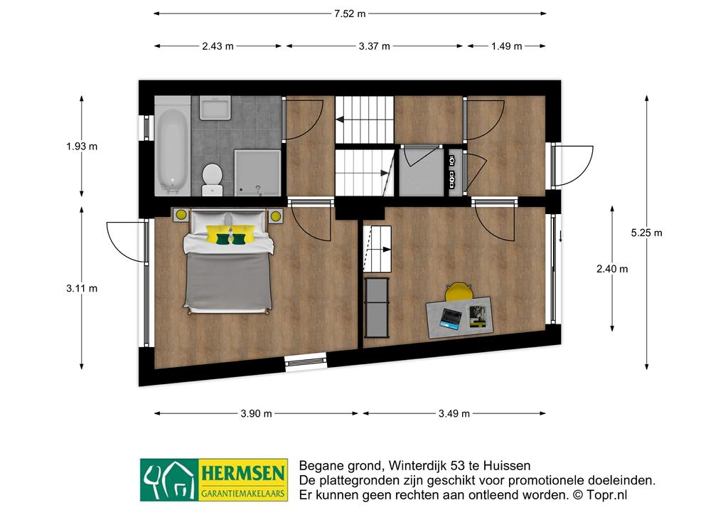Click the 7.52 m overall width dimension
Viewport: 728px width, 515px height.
pyautogui.click(x=350, y=14)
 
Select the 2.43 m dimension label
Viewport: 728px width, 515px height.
pyautogui.click(x=218, y=46)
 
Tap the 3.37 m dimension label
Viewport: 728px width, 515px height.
pyautogui.click(x=374, y=46)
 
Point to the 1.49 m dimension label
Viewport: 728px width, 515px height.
pyautogui.click(x=506, y=46)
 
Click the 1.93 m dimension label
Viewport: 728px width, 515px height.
pyautogui.click(x=82, y=147)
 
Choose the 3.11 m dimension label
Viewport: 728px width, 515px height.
pyautogui.click(x=82, y=288)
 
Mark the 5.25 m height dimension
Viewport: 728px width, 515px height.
pyautogui.click(x=646, y=233)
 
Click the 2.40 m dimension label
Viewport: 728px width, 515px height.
pyautogui.click(x=612, y=269)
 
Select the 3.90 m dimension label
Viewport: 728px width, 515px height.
pyautogui.click(x=256, y=414)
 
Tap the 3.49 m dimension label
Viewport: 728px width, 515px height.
pyautogui.click(x=454, y=414)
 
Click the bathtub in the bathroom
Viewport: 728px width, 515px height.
pyautogui.click(x=173, y=150)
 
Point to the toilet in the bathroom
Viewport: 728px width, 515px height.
pyautogui.click(x=212, y=179)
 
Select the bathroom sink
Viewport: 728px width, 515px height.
pyautogui.click(x=215, y=108)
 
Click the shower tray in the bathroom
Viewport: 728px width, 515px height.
pyautogui.click(x=257, y=172)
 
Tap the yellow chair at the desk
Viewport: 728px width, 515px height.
pyautogui.click(x=459, y=292)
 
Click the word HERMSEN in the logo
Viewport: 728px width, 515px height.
pyautogui.click(x=242, y=474)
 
